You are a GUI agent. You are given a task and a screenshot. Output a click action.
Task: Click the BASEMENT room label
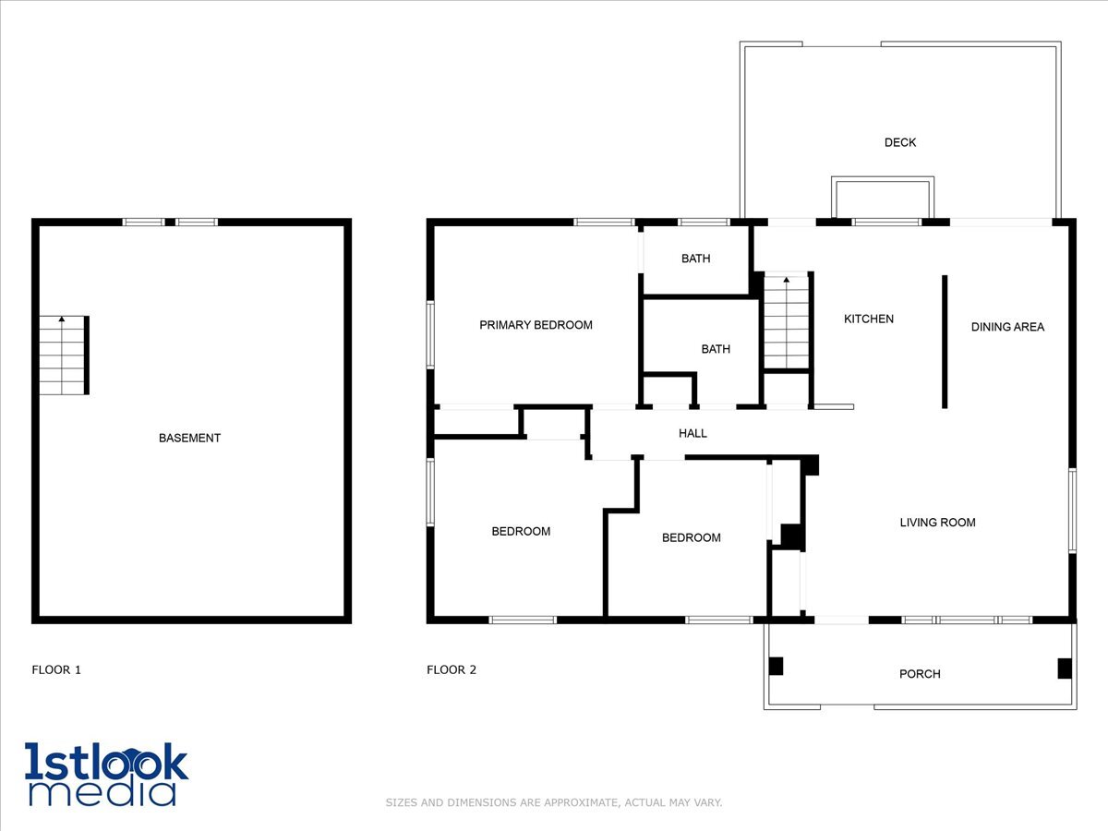tap(189, 438)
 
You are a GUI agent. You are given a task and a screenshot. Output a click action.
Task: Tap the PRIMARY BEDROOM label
tap(536, 325)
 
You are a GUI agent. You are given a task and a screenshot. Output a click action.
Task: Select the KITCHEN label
tap(869, 319)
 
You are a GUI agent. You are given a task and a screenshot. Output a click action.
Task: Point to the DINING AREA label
tap(1007, 327)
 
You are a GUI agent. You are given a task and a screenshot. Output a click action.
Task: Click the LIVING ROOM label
tap(937, 523)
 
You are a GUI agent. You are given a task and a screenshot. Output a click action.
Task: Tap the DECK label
tap(900, 142)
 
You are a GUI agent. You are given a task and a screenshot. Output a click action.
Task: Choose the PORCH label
tap(920, 674)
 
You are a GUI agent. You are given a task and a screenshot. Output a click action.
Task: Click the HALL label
tap(692, 433)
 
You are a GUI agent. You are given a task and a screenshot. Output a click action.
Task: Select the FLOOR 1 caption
tap(56, 669)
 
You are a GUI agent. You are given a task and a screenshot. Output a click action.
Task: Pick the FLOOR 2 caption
tap(452, 669)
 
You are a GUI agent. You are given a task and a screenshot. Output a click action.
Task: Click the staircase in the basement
tap(64, 355)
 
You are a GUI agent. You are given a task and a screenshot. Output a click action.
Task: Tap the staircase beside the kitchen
tap(787, 322)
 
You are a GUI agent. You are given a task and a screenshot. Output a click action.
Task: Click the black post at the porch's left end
tap(776, 666)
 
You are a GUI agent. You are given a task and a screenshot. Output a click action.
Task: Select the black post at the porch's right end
tap(1065, 668)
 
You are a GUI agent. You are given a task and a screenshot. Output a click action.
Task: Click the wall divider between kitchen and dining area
tap(945, 342)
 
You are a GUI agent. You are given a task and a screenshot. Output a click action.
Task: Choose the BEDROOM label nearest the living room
tap(691, 538)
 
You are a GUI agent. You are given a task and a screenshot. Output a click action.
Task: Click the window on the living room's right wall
tap(1072, 511)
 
